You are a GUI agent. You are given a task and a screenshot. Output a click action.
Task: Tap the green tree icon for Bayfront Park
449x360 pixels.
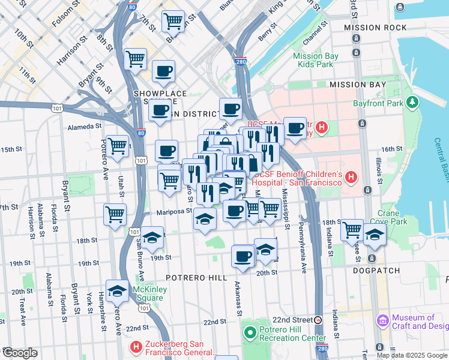412,103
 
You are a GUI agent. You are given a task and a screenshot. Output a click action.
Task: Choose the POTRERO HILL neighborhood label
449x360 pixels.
197,278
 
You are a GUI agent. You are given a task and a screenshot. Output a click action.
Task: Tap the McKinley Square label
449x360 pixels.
148,293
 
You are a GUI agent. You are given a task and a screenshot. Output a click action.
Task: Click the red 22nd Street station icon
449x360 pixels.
318,320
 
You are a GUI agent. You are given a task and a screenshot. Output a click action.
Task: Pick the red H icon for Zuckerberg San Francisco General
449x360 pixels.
136,347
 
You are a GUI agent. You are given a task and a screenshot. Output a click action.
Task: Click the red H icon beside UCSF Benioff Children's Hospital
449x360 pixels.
351,178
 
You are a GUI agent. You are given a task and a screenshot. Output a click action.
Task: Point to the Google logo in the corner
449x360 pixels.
20,352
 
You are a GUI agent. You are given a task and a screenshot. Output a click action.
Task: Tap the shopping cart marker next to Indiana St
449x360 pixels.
351,229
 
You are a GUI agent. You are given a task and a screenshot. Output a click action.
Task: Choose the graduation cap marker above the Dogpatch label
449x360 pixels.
375,236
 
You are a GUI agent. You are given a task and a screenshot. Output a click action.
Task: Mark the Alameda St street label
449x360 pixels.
85,127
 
